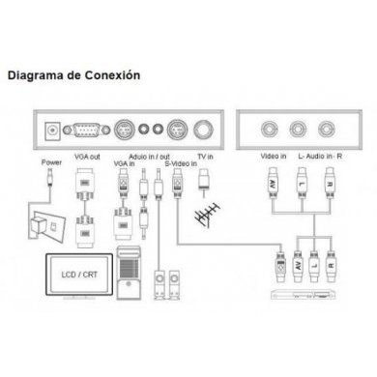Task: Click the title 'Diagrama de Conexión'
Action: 73,73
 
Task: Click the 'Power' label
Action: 48,164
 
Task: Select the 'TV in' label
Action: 204,156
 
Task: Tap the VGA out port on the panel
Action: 90,127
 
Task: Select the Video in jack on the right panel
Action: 270,127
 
